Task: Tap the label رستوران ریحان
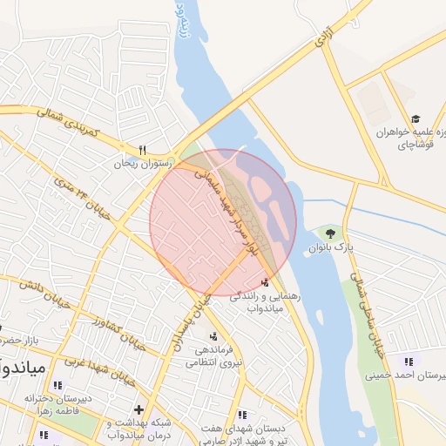143,163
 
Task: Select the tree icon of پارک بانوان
330,233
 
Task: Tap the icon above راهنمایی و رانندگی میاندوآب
265,282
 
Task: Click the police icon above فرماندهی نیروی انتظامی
213,335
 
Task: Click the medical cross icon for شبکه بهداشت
138,409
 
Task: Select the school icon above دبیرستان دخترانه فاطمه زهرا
57,385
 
